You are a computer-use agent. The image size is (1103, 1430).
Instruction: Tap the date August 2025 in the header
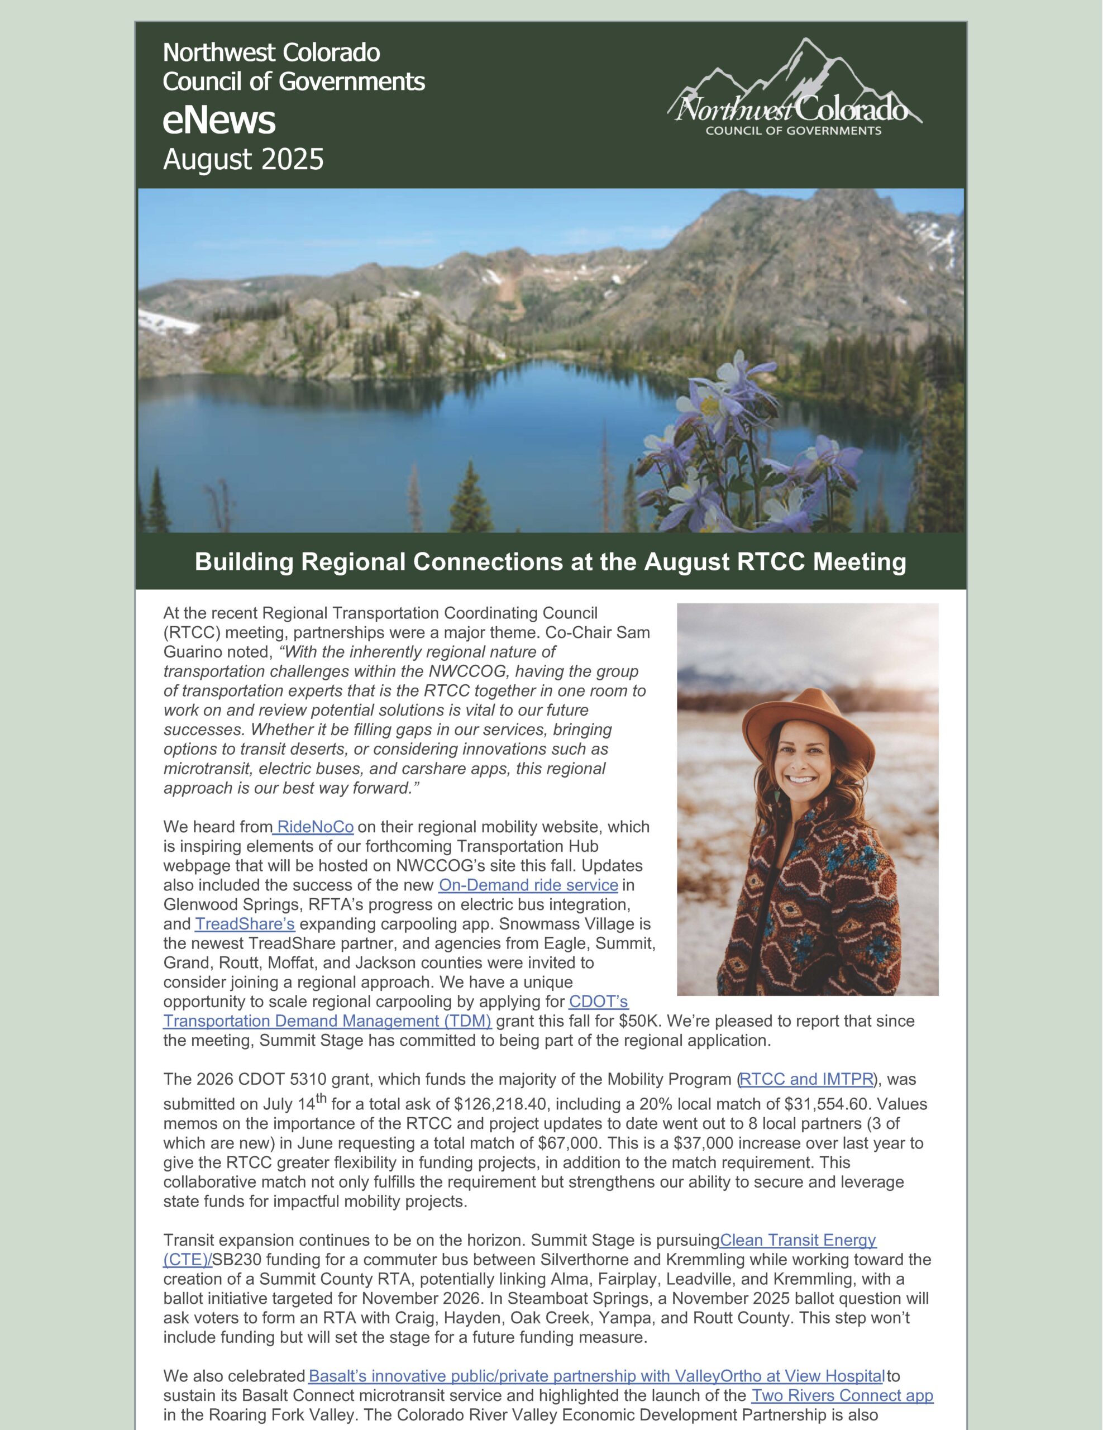(243, 160)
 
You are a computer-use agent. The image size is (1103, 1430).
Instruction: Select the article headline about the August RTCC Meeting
(551, 562)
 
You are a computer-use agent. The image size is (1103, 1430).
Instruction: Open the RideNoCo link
(315, 827)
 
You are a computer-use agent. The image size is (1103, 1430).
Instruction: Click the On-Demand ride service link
(528, 885)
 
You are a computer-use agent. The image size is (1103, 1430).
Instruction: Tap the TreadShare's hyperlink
(245, 924)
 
